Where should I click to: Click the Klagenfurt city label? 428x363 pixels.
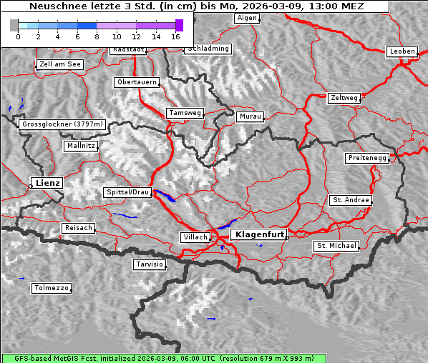(261, 234)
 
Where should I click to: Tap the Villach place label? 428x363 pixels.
(195, 237)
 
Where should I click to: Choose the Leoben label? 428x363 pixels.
(402, 51)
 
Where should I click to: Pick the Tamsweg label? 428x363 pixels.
(185, 113)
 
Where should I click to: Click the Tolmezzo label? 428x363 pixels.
(52, 289)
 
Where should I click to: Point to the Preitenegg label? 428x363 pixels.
(367, 158)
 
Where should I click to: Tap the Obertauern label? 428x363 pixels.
(137, 82)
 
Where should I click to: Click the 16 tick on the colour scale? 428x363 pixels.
(176, 36)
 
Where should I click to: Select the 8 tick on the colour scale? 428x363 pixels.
(97, 36)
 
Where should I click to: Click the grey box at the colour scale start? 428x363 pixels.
(14, 25)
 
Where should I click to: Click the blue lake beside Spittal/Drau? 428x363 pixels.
(165, 197)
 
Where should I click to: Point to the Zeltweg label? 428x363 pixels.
(344, 97)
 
